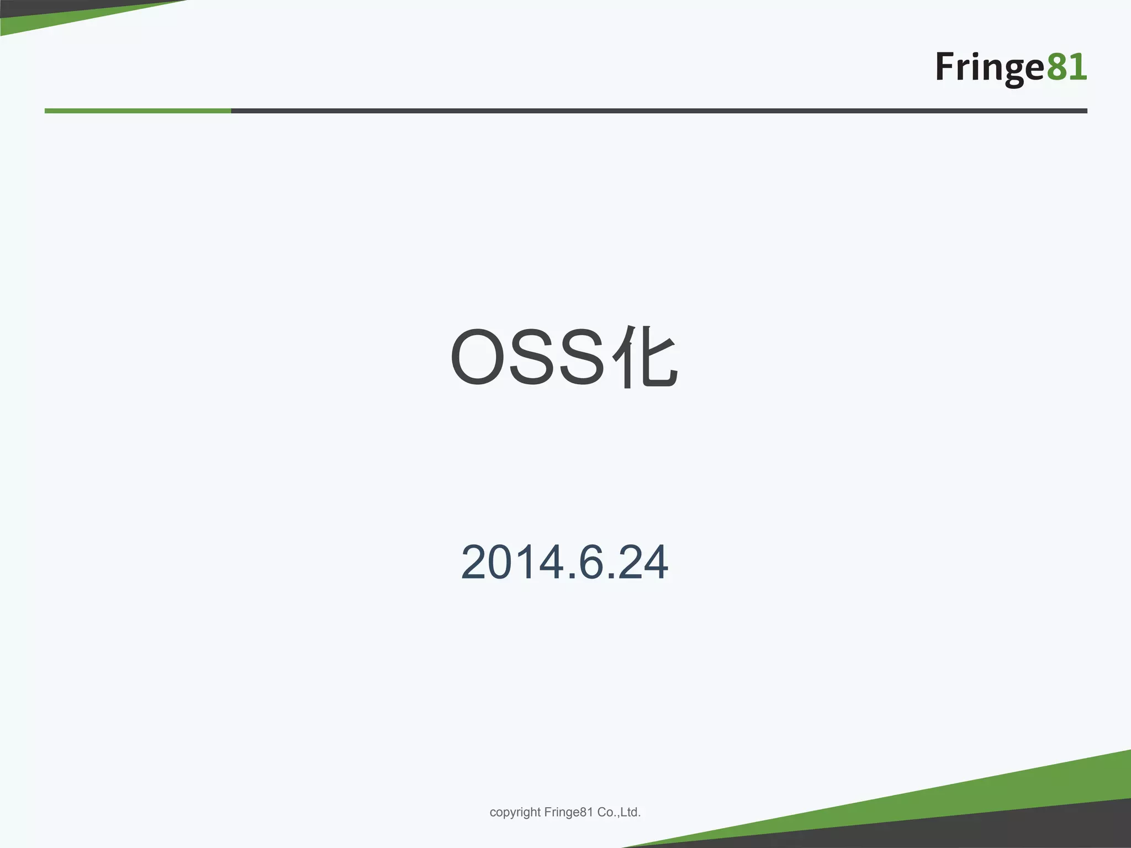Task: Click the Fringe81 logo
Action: (1011, 67)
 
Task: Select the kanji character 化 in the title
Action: (645, 358)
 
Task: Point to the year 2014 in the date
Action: (510, 563)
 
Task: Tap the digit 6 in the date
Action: (590, 563)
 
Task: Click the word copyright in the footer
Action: (515, 812)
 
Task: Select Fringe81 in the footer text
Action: (568, 812)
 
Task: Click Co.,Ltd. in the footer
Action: (619, 812)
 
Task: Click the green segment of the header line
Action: (138, 111)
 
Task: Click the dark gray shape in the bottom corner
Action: (1049, 828)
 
